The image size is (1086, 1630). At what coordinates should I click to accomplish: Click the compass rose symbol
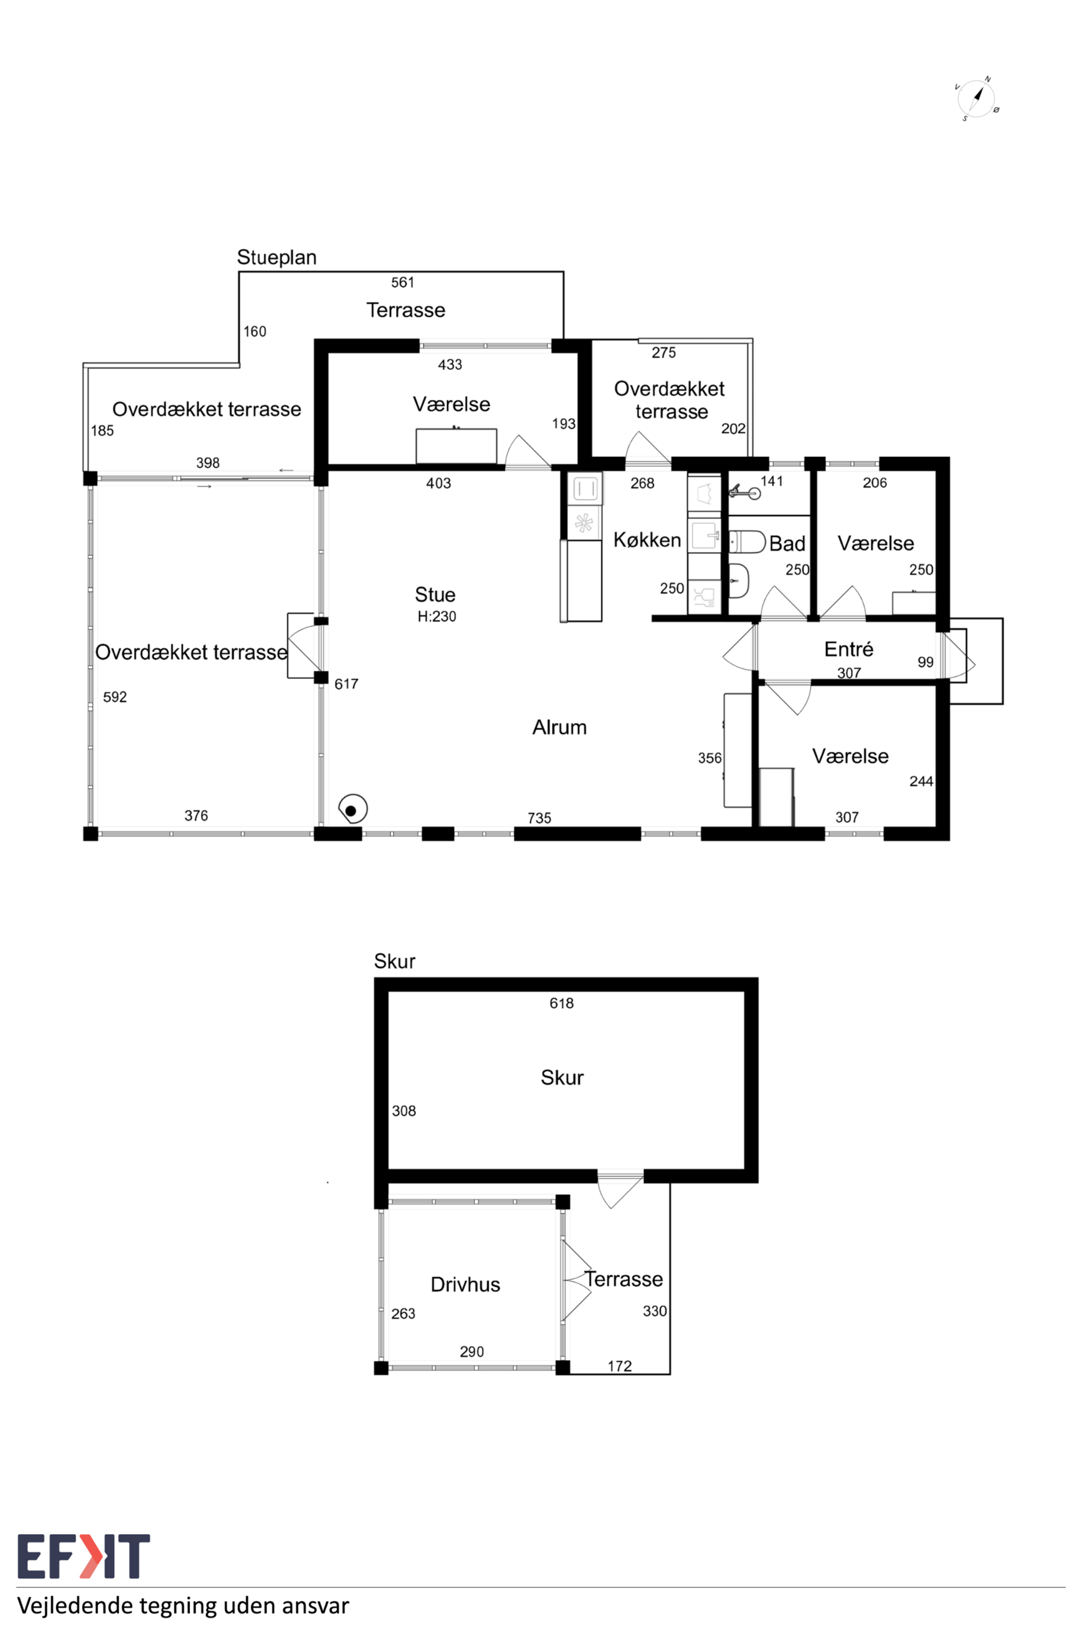pyautogui.click(x=976, y=99)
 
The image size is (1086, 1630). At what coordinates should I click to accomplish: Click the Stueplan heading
pyautogui.click(x=276, y=258)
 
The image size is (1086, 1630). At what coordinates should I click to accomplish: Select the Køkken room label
pyautogui.click(x=647, y=540)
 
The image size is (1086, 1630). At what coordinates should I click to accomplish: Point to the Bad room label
pyautogui.click(x=788, y=544)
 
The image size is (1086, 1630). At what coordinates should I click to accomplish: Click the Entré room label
pyautogui.click(x=848, y=649)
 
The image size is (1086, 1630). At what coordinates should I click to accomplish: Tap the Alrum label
pyautogui.click(x=559, y=727)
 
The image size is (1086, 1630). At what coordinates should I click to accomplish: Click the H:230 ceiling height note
pyautogui.click(x=436, y=616)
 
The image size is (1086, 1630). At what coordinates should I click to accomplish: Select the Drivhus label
pyautogui.click(x=466, y=1285)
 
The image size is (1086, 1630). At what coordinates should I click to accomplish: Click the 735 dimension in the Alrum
pyautogui.click(x=539, y=818)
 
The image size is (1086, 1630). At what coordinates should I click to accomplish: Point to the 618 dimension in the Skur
pyautogui.click(x=561, y=1003)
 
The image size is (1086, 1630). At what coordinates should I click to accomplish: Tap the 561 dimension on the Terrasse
pyautogui.click(x=402, y=283)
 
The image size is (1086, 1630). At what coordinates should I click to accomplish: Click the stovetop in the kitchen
pyautogui.click(x=584, y=523)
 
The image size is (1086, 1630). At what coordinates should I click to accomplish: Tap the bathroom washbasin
pyautogui.click(x=739, y=580)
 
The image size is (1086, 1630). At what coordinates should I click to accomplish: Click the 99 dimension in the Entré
pyautogui.click(x=926, y=662)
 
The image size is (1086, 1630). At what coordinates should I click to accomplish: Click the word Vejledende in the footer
pyautogui.click(x=74, y=1606)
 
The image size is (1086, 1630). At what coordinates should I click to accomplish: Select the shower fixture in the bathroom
pyautogui.click(x=744, y=493)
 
